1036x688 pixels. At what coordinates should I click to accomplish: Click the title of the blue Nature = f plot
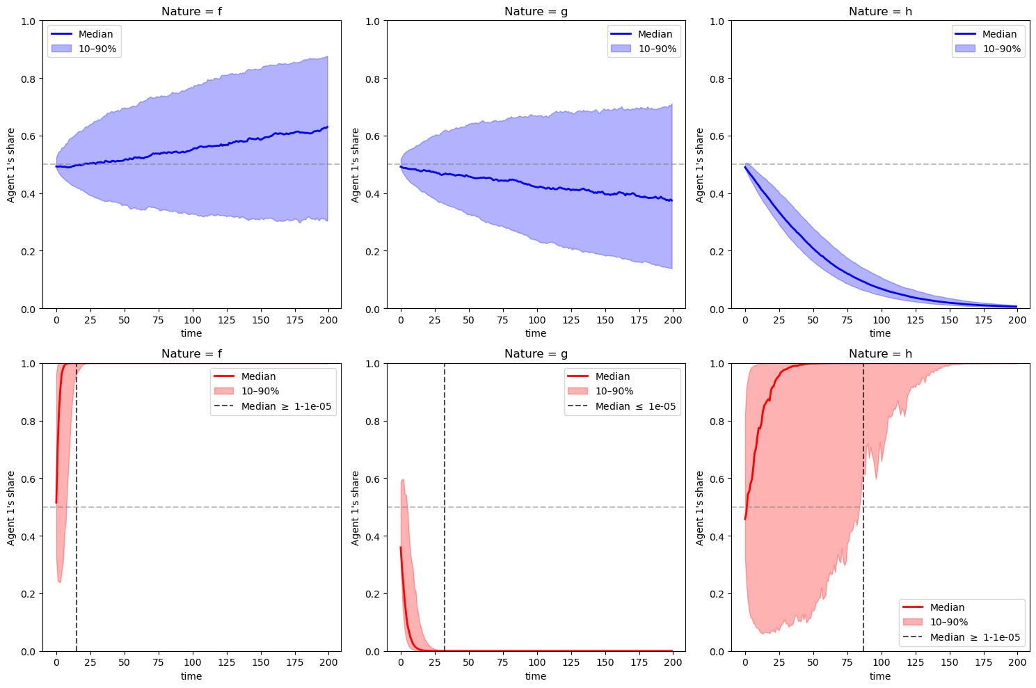[x=191, y=11]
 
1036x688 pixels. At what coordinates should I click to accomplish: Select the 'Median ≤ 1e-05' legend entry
[x=635, y=406]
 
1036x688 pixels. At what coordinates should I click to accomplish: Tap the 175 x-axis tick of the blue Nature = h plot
[x=983, y=320]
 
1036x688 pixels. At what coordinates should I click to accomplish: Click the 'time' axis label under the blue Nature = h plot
[x=879, y=333]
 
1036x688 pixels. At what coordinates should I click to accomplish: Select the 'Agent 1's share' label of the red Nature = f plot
[x=11, y=507]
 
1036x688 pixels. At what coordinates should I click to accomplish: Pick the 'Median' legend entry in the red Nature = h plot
[x=947, y=607]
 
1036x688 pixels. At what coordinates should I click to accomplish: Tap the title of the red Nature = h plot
[x=879, y=354]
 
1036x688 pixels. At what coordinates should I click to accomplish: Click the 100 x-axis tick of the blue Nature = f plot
[x=193, y=320]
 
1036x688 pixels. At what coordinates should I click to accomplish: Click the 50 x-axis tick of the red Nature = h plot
[x=813, y=663]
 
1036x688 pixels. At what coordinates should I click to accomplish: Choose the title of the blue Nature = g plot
[x=535, y=11]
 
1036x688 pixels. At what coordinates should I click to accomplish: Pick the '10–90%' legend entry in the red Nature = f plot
[x=260, y=392]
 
